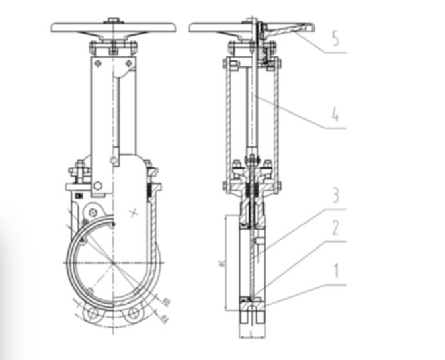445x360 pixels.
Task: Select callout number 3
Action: [x=335, y=197]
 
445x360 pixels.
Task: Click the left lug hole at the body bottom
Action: [x=93, y=314]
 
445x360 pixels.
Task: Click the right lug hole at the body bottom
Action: [x=134, y=314]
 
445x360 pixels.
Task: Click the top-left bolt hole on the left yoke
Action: [x=98, y=64]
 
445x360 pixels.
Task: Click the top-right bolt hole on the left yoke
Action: [x=130, y=64]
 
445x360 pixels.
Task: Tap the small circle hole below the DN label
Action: [x=85, y=220]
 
